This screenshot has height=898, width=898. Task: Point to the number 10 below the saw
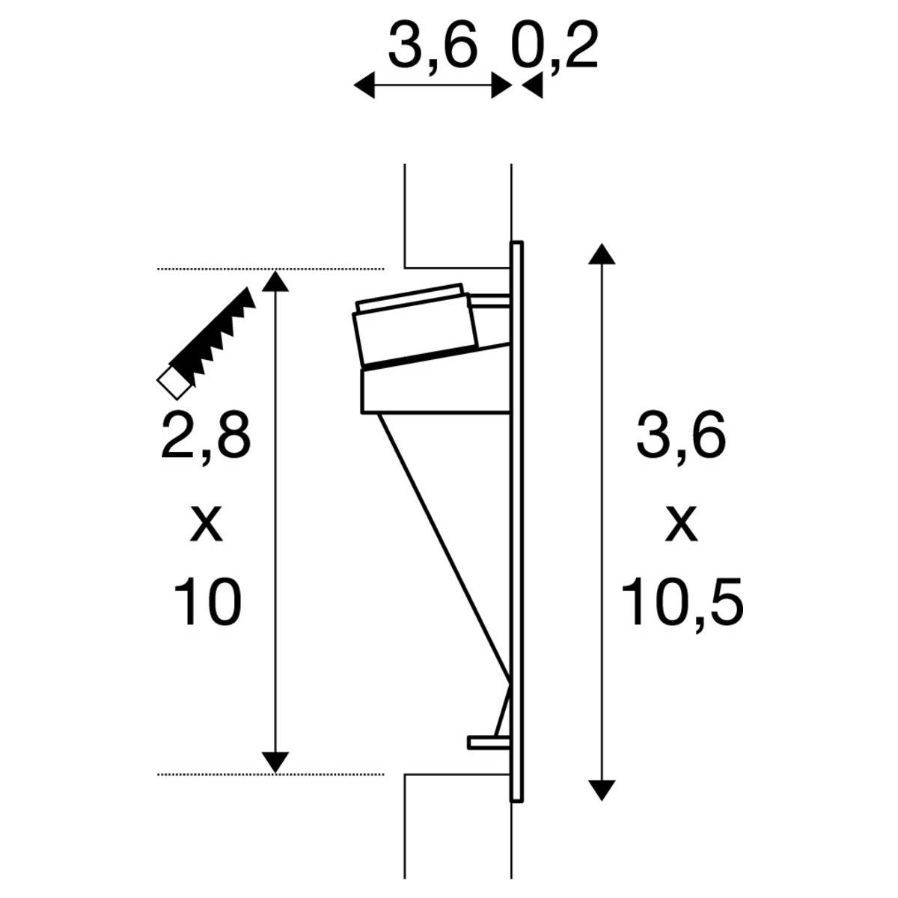207,603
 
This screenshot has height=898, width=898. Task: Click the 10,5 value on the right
682,603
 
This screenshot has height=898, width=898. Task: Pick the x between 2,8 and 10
206,524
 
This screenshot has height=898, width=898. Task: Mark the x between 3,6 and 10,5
681,524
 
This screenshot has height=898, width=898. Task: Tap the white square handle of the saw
173,384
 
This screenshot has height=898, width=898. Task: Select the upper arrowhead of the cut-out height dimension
276,281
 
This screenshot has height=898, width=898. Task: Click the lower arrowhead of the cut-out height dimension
276,762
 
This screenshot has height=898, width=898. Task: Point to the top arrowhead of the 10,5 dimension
602,254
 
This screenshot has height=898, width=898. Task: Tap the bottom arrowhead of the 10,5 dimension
602,790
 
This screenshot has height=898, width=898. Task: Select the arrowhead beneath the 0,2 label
532,87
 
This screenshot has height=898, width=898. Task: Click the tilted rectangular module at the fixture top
415,326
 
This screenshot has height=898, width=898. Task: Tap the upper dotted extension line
269,268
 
